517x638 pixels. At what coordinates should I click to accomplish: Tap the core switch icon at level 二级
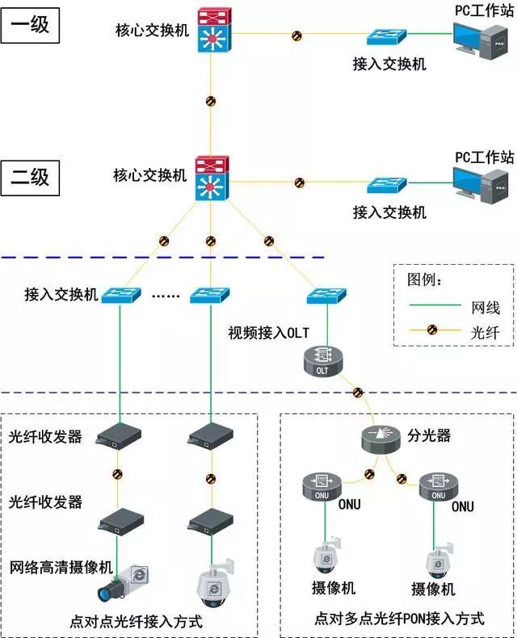click(x=212, y=179)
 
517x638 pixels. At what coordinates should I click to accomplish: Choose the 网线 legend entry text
click(x=485, y=307)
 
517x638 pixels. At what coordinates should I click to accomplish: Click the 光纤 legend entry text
click(x=485, y=330)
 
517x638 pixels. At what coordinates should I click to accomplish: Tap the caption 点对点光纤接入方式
click(x=136, y=622)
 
